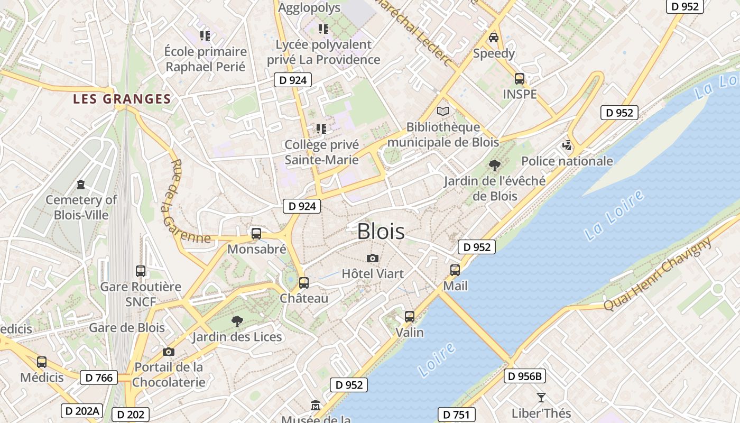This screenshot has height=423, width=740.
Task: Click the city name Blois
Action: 381,232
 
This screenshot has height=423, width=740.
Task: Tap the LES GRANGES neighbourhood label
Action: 122,99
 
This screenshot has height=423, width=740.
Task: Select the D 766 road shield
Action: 99,378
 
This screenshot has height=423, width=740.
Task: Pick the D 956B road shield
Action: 524,376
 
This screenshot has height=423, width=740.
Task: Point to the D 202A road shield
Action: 81,411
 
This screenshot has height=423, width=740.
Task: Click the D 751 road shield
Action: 457,415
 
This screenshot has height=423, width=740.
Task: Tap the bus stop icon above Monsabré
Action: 256,233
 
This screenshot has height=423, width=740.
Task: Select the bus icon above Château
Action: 303,283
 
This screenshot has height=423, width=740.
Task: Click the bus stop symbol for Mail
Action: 455,270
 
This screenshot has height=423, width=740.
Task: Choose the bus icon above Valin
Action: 410,317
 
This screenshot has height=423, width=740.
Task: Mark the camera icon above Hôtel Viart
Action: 373,258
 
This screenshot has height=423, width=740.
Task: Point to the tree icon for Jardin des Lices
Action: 237,321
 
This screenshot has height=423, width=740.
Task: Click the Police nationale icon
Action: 567,145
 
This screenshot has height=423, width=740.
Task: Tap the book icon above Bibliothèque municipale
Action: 443,111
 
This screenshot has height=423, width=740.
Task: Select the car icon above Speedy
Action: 494,38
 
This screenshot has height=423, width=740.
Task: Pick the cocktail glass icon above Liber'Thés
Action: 541,397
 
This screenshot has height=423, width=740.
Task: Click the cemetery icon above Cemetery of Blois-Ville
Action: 81,184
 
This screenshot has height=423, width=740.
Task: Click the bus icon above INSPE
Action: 520,79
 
